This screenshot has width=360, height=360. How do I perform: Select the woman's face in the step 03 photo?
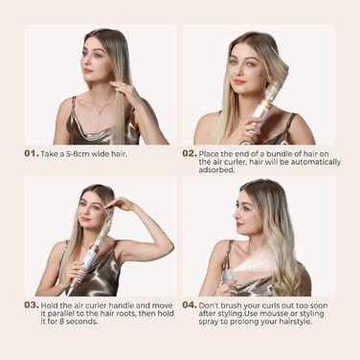[95, 215]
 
